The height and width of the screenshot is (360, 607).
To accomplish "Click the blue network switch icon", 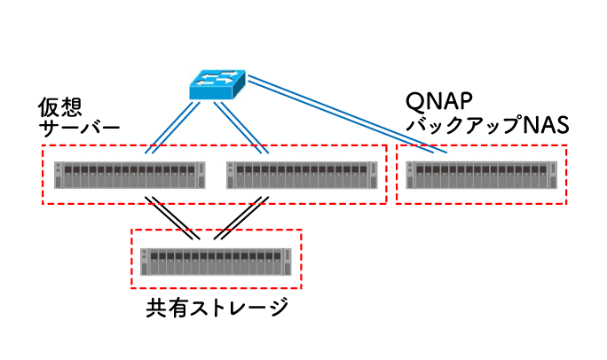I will (217, 85).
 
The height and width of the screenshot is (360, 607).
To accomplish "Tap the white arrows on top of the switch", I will (217, 78).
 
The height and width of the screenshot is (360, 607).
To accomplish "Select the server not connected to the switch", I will (216, 260).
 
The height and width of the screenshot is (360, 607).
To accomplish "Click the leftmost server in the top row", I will (130, 175).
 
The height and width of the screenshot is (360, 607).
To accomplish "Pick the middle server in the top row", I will (302, 175).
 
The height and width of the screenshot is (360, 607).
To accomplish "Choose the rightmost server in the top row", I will (482, 175).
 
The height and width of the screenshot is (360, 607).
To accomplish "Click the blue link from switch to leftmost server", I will (173, 126).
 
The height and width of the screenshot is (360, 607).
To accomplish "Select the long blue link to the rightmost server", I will (346, 114).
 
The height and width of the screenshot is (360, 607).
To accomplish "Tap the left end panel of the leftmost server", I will (58, 175).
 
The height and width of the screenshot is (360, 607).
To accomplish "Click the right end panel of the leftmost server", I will (201, 175).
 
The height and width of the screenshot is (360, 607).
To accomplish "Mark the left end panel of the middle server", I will (230, 175).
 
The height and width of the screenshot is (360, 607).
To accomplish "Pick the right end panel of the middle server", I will (374, 175).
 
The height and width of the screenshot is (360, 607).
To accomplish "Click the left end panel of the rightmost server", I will (410, 175).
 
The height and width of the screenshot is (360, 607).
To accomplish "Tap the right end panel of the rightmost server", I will (554, 175).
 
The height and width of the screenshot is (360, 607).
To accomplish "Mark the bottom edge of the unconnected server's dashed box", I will (216, 288).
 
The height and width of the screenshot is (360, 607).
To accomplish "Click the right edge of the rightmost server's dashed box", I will (566, 175).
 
